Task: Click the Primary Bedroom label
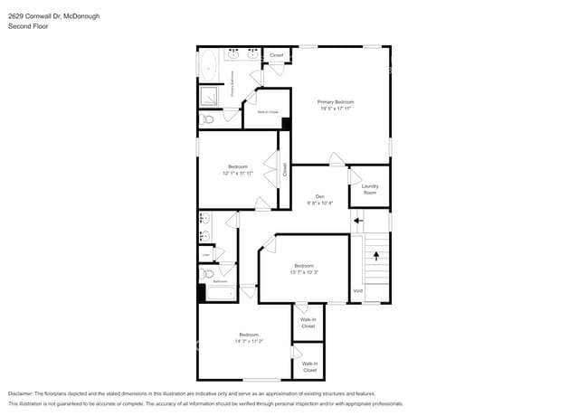[x=335, y=102]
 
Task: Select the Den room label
[x=319, y=196]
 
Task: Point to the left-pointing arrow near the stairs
[x=358, y=219]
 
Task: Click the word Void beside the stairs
[x=357, y=291]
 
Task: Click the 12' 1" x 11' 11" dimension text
[x=238, y=173]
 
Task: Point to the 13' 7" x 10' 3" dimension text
[x=303, y=271]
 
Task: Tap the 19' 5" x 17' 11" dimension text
[x=335, y=109]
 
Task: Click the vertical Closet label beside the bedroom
[x=284, y=169]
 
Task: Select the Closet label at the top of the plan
[x=276, y=55]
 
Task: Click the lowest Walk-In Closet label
[x=309, y=366]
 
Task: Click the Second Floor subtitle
[x=30, y=27]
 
